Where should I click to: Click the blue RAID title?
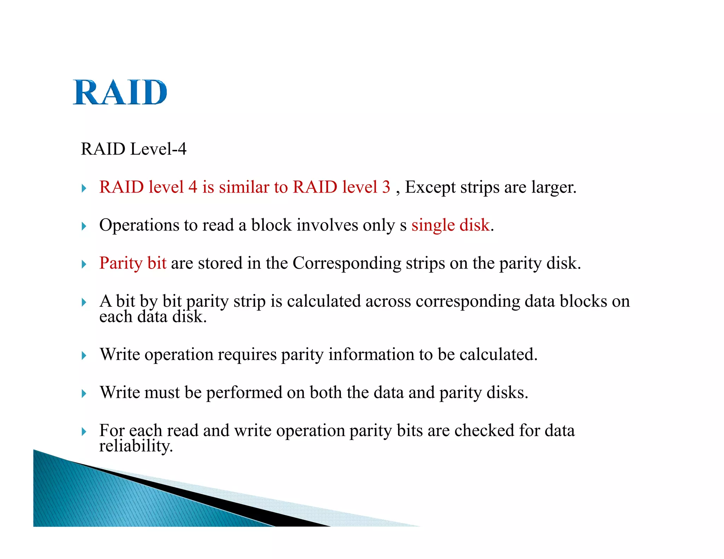click(x=120, y=92)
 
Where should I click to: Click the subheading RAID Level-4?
click(x=134, y=149)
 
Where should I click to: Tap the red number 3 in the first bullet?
click(x=386, y=187)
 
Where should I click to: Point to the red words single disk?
click(x=450, y=225)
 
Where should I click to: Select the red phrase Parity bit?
click(x=133, y=263)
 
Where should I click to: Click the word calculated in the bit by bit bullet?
click(x=323, y=301)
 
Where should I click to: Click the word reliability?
click(x=136, y=446)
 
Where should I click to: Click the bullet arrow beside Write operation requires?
click(x=84, y=355)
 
